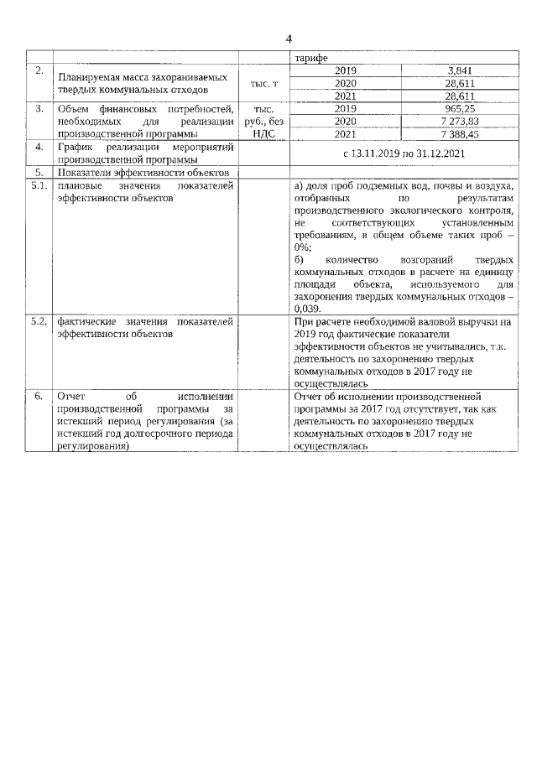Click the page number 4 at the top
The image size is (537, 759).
tap(289, 39)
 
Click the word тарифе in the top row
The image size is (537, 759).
tap(310, 58)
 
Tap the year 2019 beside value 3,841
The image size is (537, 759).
tap(346, 70)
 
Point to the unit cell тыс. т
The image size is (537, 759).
tap(263, 84)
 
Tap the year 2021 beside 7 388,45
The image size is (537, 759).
tap(346, 133)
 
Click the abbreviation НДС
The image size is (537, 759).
tap(263, 133)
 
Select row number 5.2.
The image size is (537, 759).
tap(39, 322)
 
